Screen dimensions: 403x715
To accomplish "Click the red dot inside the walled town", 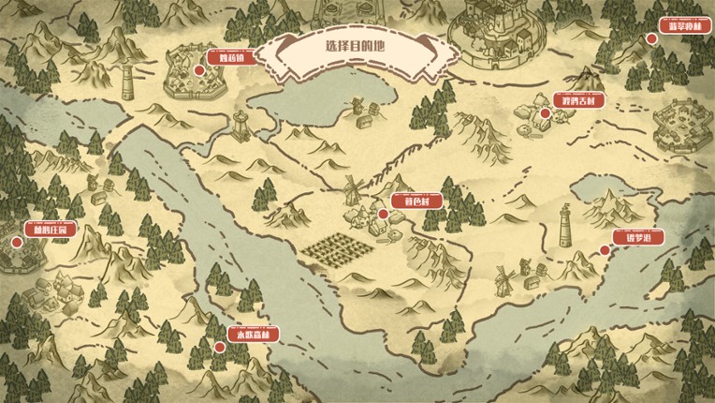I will (x=199, y=69).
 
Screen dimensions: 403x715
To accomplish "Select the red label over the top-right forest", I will (x=679, y=26).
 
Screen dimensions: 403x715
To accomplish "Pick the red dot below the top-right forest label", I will (x=651, y=38).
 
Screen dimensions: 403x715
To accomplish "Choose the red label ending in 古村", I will (x=577, y=100).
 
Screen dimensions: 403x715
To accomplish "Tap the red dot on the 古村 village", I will (x=546, y=113).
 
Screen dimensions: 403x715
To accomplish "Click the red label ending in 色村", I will (x=403, y=201).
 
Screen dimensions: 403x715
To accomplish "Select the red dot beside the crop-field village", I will (x=383, y=214).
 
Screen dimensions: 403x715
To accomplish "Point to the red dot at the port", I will (x=604, y=249).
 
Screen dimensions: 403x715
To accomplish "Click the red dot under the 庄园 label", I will (x=17, y=242).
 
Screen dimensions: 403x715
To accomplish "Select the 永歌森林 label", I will (x=253, y=334).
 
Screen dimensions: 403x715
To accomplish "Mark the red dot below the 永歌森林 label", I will (x=219, y=347).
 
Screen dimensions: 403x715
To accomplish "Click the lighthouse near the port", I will (x=566, y=226).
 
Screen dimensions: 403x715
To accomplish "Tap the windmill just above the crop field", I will (x=352, y=189).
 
